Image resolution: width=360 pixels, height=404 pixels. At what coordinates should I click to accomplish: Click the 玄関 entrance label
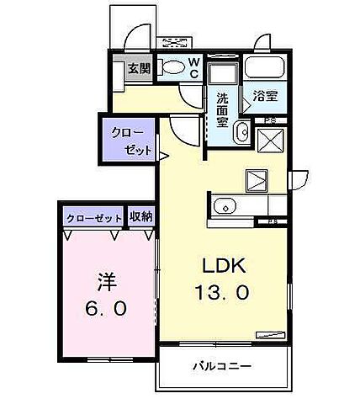pyautogui.click(x=140, y=69)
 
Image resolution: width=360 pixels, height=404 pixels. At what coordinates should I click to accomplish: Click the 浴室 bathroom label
pyautogui.click(x=265, y=96)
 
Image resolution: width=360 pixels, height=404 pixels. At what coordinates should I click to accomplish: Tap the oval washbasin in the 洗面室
pyautogui.click(x=241, y=131)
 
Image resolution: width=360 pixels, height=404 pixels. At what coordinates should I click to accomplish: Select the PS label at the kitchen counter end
pyautogui.click(x=273, y=221)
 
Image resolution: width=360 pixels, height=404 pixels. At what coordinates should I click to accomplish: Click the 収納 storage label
pyautogui.click(x=140, y=215)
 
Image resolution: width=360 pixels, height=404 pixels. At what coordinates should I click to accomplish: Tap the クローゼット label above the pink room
pyautogui.click(x=93, y=216)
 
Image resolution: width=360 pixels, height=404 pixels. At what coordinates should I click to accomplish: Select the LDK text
pyautogui.click(x=222, y=266)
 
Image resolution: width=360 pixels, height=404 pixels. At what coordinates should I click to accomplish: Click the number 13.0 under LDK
pyautogui.click(x=222, y=294)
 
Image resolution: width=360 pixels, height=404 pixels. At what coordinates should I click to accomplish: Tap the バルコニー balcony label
pyautogui.click(x=222, y=366)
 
